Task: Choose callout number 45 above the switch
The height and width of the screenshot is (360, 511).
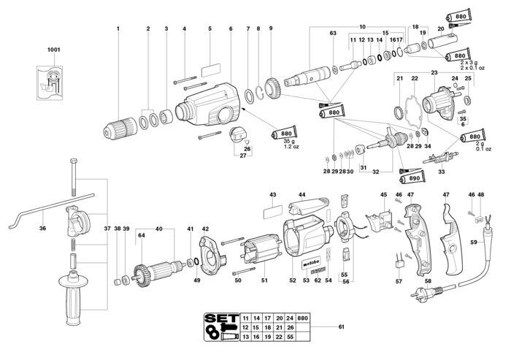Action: click(384, 194)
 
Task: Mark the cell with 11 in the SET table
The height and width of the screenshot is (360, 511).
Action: click(245, 319)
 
